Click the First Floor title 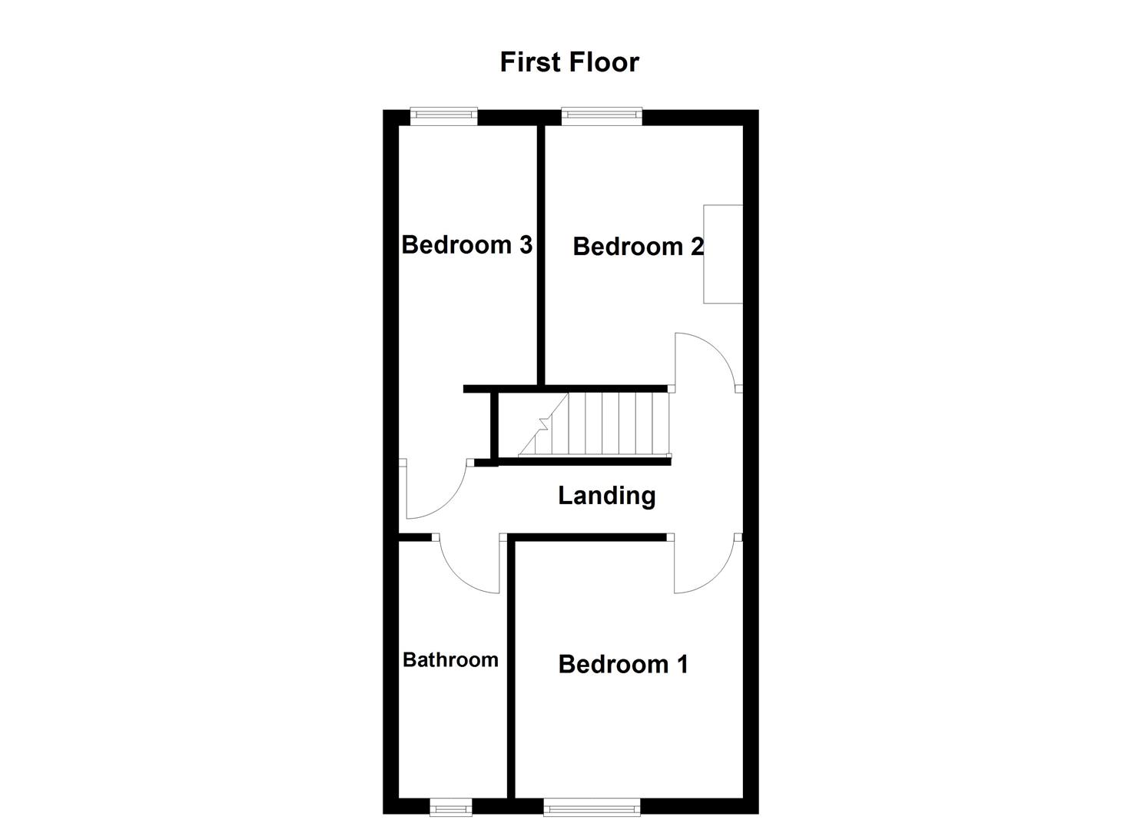coord(569,62)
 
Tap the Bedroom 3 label coord(466,245)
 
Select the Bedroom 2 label coord(638,247)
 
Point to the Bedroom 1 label coord(622,664)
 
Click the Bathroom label coord(450,660)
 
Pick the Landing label coord(606,496)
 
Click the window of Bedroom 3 coord(443,116)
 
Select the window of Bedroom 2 coord(601,116)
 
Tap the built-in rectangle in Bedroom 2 coord(723,254)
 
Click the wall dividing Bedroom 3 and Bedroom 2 coord(541,254)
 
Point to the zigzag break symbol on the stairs coord(543,423)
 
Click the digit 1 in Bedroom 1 coord(682,664)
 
